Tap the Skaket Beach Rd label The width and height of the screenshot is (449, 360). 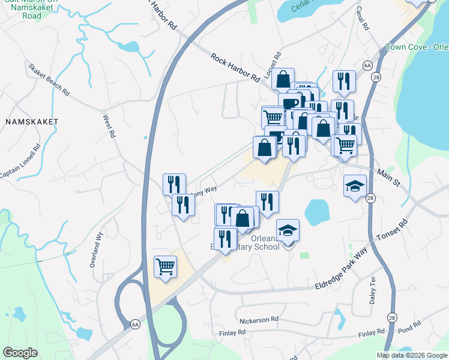tap(49, 80)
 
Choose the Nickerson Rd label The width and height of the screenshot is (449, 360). tap(259, 319)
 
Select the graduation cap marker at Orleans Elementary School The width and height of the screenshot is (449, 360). tap(288, 230)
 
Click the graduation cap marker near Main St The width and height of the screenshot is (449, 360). tap(355, 186)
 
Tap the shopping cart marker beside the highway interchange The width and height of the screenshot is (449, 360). tap(165, 266)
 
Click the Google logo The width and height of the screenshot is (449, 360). tap(20, 353)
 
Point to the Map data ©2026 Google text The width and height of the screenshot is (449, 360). tap(412, 355)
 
